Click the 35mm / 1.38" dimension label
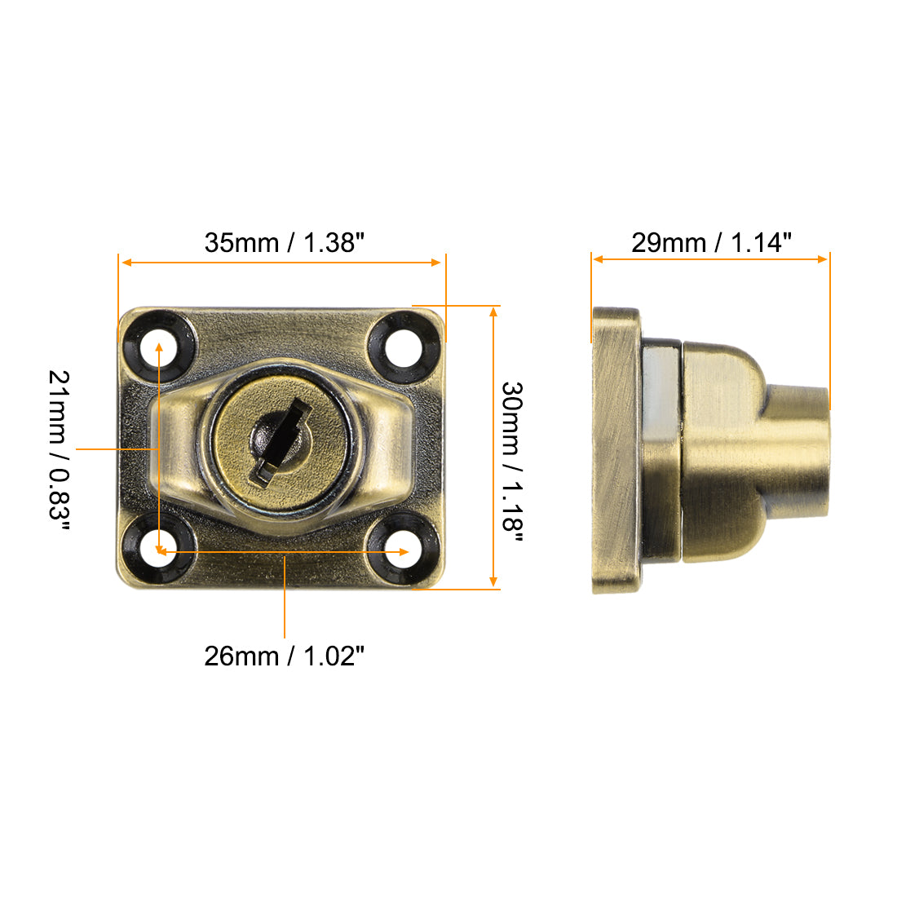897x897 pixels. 284,242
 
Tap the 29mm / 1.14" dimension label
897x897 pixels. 711,242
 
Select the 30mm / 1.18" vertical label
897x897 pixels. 511,457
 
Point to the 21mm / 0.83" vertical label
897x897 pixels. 60,449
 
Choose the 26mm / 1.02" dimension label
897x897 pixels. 284,656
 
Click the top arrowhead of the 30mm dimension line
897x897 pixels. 493,312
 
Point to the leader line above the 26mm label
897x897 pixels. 285,595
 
